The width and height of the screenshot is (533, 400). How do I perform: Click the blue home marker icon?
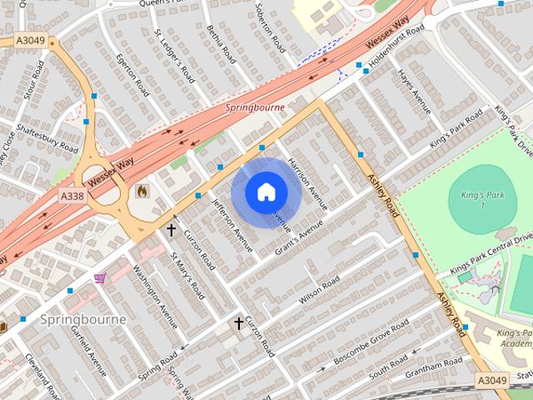pyautogui.click(x=266, y=192)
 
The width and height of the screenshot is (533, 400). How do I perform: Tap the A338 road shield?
pyautogui.click(x=72, y=196)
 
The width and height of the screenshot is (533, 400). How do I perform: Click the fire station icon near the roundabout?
pyautogui.click(x=142, y=191)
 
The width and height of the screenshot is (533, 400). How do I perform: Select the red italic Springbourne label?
pyautogui.click(x=255, y=107)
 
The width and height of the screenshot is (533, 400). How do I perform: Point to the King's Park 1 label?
pyautogui.click(x=471, y=200)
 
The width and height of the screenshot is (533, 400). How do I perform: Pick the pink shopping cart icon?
pyautogui.click(x=100, y=277)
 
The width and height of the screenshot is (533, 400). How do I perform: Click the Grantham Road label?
pyautogui.click(x=433, y=367)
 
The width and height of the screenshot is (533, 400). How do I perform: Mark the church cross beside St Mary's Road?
pyautogui.click(x=172, y=229)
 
